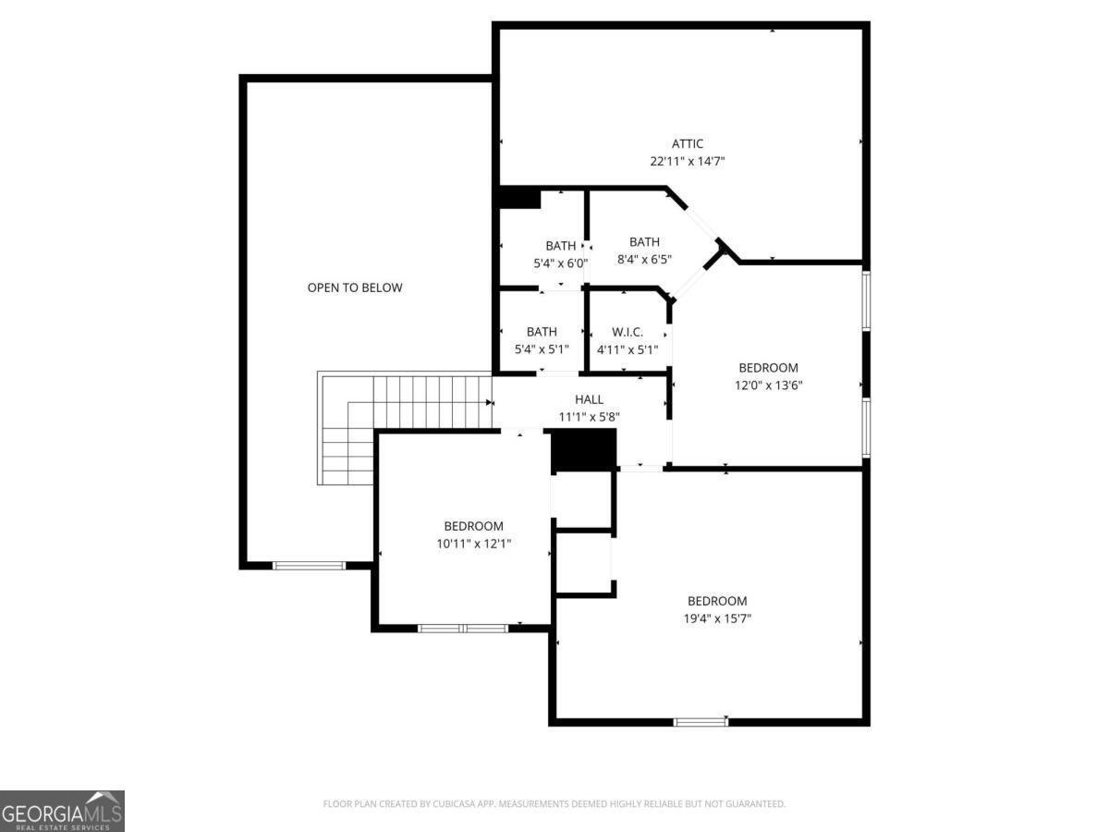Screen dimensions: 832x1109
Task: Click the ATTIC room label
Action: (x=687, y=143)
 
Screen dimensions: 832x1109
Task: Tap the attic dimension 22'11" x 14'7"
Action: (x=687, y=161)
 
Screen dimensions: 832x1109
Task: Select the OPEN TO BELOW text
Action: (x=355, y=288)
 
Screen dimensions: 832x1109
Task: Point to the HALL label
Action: (x=589, y=399)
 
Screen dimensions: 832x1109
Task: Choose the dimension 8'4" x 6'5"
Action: (x=644, y=260)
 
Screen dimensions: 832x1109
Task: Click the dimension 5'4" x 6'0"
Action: (x=560, y=263)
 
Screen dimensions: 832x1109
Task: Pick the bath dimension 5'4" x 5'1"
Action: (x=542, y=349)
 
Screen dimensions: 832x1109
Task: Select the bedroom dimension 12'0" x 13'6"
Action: (x=767, y=385)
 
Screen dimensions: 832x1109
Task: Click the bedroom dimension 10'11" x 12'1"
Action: (x=473, y=544)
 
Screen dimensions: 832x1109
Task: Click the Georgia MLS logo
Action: (x=62, y=811)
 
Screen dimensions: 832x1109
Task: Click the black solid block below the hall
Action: (x=583, y=451)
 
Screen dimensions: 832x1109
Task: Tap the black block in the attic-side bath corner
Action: (x=519, y=199)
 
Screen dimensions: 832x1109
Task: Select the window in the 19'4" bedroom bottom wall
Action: (x=701, y=721)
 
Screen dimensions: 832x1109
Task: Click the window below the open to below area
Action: (x=309, y=565)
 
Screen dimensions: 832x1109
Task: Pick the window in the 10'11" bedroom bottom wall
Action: (x=462, y=629)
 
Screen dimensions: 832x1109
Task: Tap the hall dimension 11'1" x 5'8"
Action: (x=589, y=417)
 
